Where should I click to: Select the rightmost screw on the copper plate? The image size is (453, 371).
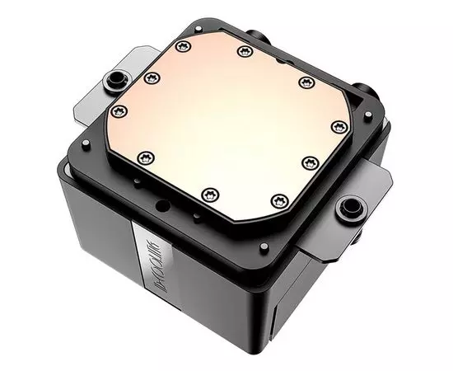click(338, 125)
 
